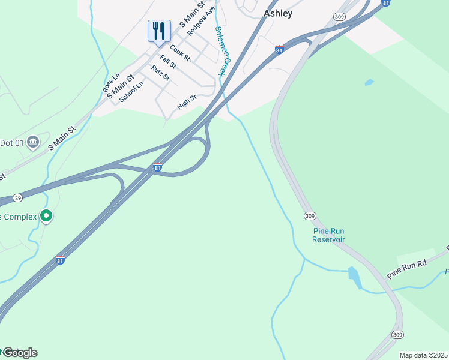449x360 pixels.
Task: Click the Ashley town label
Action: (278, 14)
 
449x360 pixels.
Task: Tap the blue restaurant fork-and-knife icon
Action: (159, 31)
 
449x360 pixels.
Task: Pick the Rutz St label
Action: (160, 73)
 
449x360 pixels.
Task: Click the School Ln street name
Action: (131, 92)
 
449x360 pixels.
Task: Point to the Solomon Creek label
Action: (223, 50)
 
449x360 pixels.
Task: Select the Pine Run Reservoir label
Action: (328, 235)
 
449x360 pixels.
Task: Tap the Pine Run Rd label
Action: (406, 266)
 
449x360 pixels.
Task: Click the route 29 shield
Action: (17, 197)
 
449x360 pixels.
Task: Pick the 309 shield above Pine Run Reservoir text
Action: (310, 216)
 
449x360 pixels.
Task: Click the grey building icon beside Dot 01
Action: (33, 142)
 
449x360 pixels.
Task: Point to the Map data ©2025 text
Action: (423, 355)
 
